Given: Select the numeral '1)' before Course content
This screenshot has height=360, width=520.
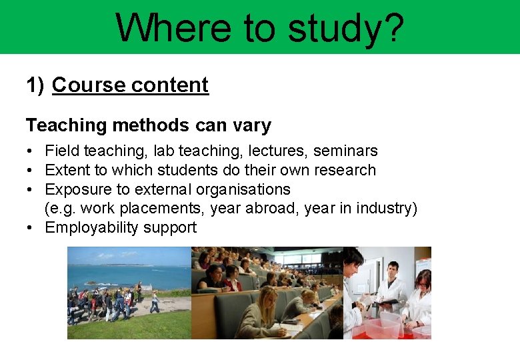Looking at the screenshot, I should coord(35,85).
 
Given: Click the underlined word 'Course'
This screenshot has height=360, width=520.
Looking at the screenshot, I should coord(88,85).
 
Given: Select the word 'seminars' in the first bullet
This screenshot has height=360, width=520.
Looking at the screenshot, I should coord(345,151).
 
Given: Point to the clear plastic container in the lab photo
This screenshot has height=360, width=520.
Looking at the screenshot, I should coord(380,327).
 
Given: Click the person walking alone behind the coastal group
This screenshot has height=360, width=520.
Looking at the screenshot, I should coord(155,302).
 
